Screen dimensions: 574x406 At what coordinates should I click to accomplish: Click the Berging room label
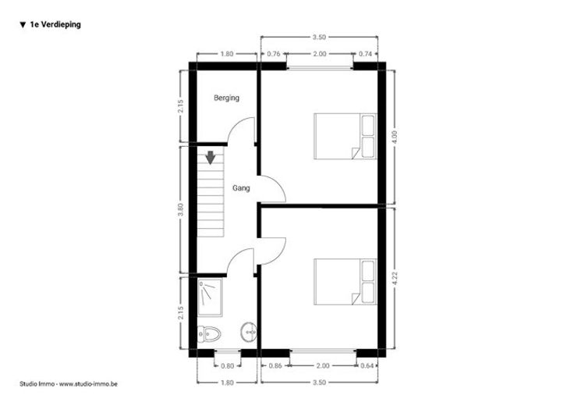[x=226, y=98]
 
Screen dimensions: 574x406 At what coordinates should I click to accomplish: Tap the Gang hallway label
[x=241, y=188]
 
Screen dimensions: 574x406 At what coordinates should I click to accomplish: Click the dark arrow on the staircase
[x=210, y=158]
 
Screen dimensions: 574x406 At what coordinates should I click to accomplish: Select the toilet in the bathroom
[x=209, y=334]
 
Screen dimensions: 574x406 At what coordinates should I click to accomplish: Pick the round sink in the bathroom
[x=249, y=333]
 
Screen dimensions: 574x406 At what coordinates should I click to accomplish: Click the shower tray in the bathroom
[x=210, y=297]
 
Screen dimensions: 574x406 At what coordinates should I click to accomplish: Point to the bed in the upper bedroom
[x=345, y=137]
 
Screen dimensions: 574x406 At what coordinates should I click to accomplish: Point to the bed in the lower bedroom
[x=345, y=282]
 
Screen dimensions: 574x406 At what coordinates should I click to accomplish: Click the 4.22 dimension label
[x=395, y=279]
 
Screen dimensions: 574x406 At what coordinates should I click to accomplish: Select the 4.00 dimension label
[x=395, y=137]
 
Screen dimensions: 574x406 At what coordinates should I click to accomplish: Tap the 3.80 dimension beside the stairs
[x=180, y=209]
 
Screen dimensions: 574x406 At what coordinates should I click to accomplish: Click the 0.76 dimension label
[x=274, y=54]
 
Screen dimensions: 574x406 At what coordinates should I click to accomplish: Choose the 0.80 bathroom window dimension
[x=227, y=365]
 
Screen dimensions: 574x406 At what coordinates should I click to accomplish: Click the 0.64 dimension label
[x=367, y=365]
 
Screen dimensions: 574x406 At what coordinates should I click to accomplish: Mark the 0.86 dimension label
[x=275, y=365]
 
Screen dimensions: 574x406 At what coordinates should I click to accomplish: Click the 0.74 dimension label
[x=365, y=54]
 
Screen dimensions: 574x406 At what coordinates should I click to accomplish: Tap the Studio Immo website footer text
[x=69, y=384]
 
